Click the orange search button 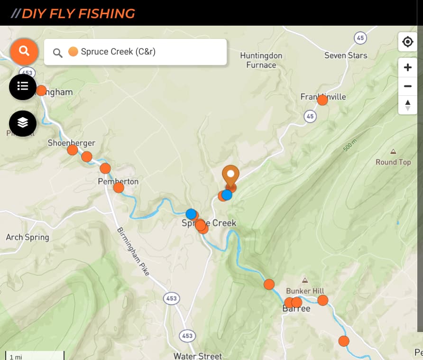(x=24, y=51)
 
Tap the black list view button (x=23, y=86)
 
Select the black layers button (x=23, y=123)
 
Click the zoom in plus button (x=407, y=67)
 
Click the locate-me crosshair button (x=407, y=42)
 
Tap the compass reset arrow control (x=407, y=105)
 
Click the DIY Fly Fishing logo (x=73, y=13)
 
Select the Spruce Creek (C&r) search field (x=142, y=52)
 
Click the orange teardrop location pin (x=231, y=175)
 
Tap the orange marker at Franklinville (x=322, y=100)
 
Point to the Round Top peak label (x=393, y=162)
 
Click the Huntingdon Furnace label (x=261, y=60)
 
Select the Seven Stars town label (x=346, y=55)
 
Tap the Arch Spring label (x=28, y=237)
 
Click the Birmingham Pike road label (x=133, y=251)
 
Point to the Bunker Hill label (x=305, y=291)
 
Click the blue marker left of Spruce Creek (x=191, y=214)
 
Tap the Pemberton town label (x=118, y=181)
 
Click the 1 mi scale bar (x=34, y=356)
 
